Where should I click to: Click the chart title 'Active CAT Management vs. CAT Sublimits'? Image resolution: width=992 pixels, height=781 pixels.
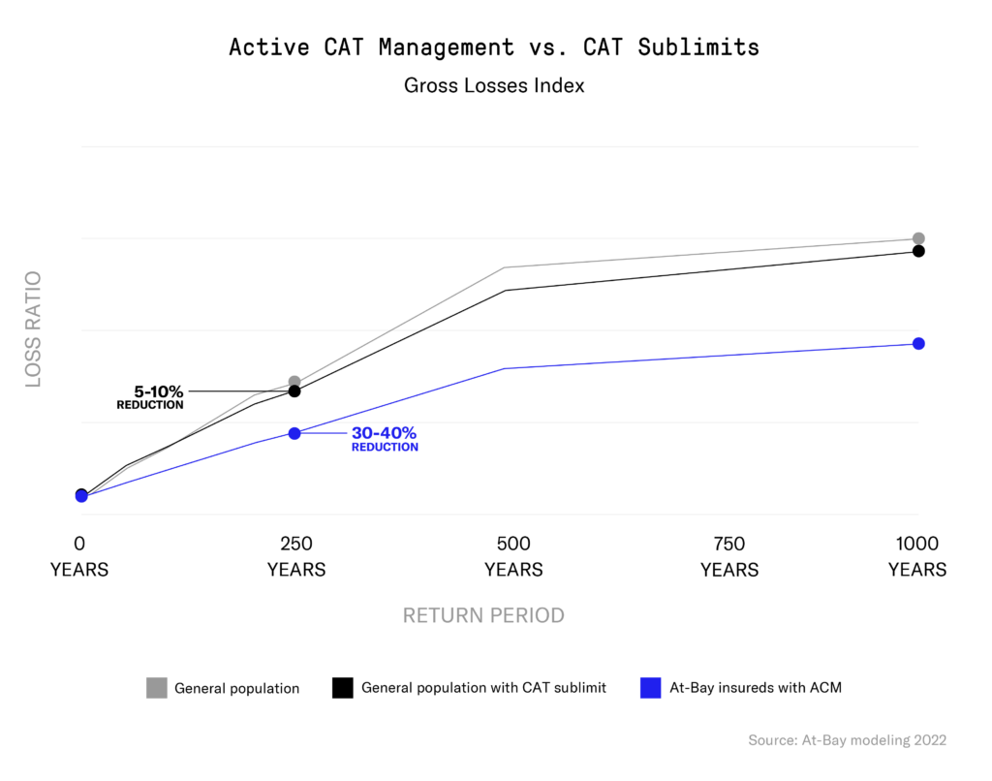click(494, 47)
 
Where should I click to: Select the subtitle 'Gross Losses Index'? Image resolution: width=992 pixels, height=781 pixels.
click(494, 85)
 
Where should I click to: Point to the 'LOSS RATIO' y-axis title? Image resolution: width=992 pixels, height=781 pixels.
click(34, 330)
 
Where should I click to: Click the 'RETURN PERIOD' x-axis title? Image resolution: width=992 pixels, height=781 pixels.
click(483, 615)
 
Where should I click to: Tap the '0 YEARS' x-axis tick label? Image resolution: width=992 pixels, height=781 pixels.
click(79, 556)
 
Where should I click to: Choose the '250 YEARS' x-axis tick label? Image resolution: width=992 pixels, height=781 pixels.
click(295, 556)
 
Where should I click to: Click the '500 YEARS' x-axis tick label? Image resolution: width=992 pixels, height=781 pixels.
click(513, 556)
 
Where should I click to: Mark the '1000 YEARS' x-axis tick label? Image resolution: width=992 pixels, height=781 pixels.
click(917, 556)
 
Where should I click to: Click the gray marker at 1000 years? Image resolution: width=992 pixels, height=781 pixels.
click(918, 238)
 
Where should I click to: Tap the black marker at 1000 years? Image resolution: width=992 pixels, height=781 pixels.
click(918, 251)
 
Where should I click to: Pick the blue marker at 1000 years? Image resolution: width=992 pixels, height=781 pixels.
click(918, 343)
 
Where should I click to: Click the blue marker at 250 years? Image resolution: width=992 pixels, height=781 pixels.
click(294, 433)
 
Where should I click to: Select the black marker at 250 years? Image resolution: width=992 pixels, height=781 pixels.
click(294, 391)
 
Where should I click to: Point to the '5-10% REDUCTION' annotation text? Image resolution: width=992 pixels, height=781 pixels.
click(150, 397)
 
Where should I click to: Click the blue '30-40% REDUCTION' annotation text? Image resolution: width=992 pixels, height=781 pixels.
click(385, 439)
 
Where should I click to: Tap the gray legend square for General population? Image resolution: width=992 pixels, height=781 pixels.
click(157, 688)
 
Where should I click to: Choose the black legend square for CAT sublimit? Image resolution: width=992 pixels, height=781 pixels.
click(342, 688)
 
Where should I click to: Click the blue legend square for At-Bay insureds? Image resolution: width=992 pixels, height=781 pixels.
click(651, 688)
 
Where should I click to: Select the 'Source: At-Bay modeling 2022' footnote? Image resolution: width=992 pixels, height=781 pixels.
click(847, 740)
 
